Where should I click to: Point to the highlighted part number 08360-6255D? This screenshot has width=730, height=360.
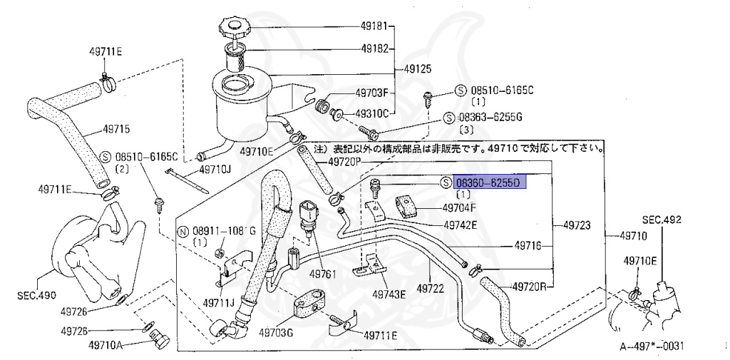[x=489, y=183]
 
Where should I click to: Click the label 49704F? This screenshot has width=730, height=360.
[x=461, y=209]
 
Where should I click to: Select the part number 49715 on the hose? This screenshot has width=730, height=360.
[x=116, y=130]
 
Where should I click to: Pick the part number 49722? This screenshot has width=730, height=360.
[x=431, y=289]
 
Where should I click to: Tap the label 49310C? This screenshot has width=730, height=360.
[x=371, y=113]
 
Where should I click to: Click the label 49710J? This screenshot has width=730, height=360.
[x=215, y=169]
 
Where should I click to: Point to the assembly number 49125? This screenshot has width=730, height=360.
[x=420, y=71]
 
